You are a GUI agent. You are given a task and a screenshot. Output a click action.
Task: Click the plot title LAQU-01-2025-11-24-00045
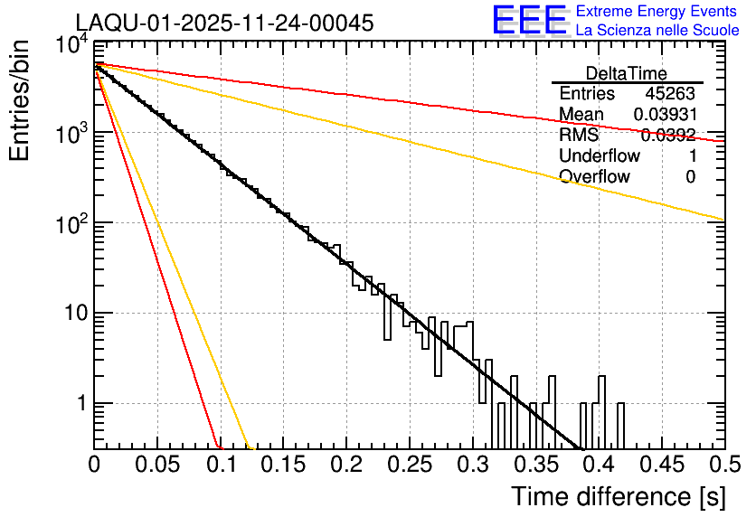point(224,23)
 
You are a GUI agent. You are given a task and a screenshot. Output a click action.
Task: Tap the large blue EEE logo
point(529,21)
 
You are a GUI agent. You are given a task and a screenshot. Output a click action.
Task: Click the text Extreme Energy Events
point(657,12)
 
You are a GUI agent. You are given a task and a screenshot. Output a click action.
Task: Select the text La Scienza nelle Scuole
point(657,30)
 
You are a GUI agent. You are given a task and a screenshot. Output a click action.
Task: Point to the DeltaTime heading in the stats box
point(627,73)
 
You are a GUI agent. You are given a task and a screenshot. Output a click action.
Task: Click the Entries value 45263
point(670,94)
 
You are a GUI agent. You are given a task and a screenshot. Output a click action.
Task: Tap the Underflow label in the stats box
point(600,155)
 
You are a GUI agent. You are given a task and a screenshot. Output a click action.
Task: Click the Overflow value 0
point(690,176)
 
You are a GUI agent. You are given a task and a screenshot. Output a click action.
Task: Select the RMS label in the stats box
point(579,136)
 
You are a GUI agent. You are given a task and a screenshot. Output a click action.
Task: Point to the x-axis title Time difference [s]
point(617,496)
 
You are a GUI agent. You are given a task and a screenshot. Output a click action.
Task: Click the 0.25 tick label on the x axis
point(408,465)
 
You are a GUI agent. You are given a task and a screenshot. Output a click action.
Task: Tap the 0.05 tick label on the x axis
point(156,465)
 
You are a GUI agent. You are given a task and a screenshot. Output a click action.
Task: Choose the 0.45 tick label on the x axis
point(660,465)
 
